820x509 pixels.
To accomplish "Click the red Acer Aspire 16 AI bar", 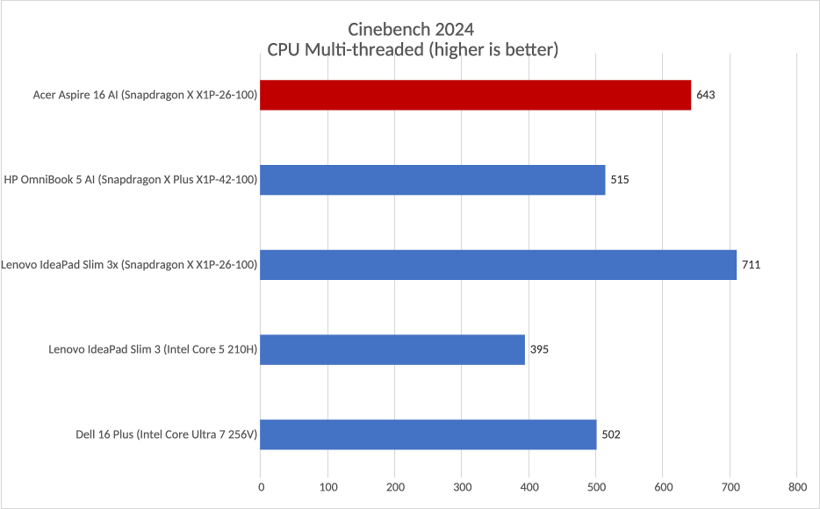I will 476,95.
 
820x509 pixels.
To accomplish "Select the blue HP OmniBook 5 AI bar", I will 433,180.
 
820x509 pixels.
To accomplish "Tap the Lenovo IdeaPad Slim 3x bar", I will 499,264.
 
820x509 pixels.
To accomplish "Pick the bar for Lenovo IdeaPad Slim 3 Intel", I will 392,349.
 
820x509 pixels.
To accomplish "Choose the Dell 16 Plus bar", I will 428,434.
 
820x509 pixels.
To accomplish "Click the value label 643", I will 706,95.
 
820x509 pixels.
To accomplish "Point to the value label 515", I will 620,180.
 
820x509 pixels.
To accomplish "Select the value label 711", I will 751,264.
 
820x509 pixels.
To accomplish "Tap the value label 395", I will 539,349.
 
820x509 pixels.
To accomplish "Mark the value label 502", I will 611,434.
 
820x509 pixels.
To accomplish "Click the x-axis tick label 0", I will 261,486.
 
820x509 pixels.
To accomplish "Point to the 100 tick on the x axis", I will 327,486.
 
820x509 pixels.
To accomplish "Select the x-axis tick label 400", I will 529,486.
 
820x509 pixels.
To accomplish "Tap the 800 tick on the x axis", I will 796,486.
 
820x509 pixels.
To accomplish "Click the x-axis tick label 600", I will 663,486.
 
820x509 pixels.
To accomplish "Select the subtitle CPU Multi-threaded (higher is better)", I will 413,50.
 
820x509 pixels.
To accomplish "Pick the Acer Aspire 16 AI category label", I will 144,95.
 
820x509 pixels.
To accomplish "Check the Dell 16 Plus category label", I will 167,434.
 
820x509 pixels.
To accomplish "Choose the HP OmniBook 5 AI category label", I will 130,180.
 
